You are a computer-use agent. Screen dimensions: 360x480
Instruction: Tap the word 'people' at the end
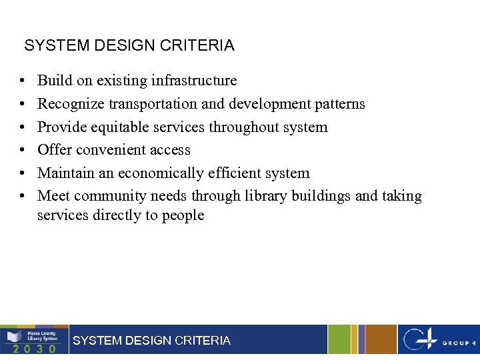[x=183, y=215]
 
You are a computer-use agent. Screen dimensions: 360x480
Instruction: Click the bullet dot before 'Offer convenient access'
[x=22, y=151]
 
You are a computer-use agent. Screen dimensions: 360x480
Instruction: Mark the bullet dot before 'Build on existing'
[x=22, y=81]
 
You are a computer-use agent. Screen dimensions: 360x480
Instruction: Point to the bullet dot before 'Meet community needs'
[x=22, y=197]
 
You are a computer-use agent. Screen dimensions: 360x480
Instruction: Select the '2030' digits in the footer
[x=33, y=348]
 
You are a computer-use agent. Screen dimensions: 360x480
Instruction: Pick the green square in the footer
[x=339, y=339]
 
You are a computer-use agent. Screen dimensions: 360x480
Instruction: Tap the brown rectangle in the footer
[x=380, y=339]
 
